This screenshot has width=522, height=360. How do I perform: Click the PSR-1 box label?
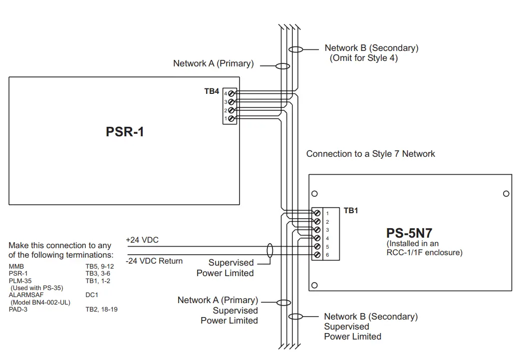tap(125, 132)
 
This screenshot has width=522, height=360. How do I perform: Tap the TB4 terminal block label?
tap(212, 91)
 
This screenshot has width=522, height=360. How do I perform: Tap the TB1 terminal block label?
tap(351, 211)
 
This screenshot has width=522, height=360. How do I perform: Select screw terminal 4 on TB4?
tap(231, 93)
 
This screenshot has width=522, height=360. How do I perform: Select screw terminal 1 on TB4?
tap(231, 118)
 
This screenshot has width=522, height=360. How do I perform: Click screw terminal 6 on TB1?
tap(316, 255)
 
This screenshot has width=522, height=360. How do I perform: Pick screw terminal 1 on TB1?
tap(316, 213)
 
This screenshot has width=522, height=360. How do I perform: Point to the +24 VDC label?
tap(142, 240)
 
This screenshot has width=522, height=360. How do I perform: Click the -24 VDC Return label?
tap(154, 261)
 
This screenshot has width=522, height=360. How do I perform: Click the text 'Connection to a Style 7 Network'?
tap(370, 154)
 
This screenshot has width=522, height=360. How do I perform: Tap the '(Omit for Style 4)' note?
tap(364, 58)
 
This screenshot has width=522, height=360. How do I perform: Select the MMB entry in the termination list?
tap(16, 267)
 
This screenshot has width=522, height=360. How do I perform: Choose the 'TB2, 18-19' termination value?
tap(101, 310)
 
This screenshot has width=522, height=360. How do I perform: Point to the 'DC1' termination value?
tap(92, 295)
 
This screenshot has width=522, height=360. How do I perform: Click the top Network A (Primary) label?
tap(213, 63)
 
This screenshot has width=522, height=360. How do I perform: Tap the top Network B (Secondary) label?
tap(371, 48)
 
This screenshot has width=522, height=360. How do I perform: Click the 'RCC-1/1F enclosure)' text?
tap(425, 252)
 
